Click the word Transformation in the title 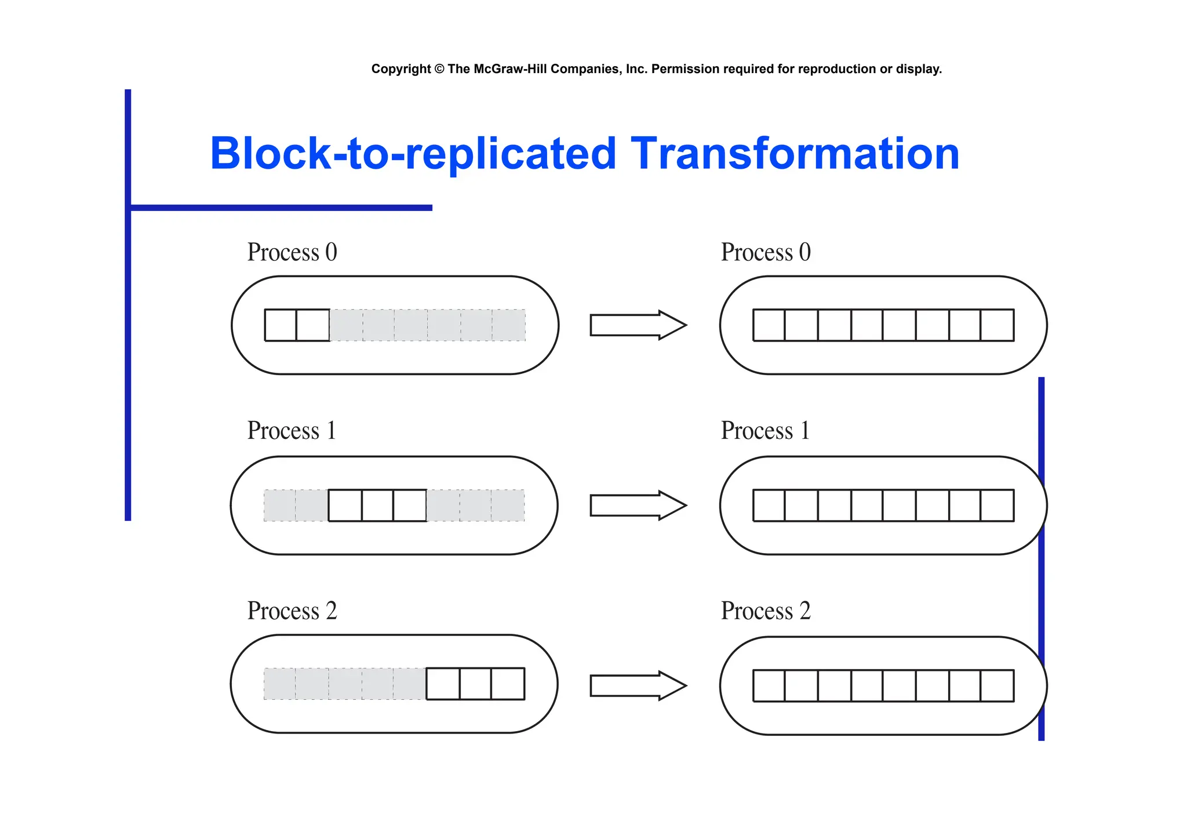click(x=795, y=154)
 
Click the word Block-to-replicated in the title click(x=413, y=154)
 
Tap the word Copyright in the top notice click(x=400, y=69)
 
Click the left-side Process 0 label click(x=292, y=253)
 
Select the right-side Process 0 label click(x=765, y=253)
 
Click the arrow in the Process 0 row click(x=638, y=325)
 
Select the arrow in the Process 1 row click(x=638, y=506)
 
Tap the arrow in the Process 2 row click(x=638, y=686)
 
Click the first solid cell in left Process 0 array click(x=281, y=325)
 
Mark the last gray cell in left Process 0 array click(x=508, y=325)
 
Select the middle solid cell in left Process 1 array click(x=377, y=506)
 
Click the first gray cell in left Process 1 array click(x=279, y=506)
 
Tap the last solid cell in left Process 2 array click(x=508, y=684)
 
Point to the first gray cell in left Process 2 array click(x=279, y=684)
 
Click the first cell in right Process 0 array click(x=769, y=325)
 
